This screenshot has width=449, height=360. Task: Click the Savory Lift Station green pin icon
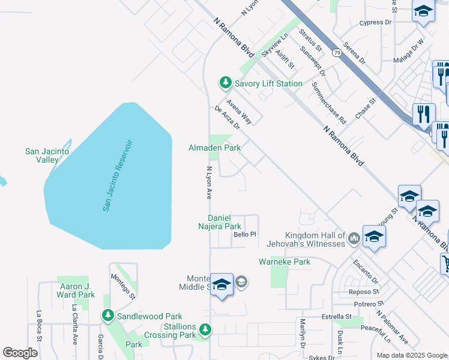225,82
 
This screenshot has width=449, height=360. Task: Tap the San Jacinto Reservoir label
117,175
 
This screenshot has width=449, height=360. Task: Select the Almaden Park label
214,147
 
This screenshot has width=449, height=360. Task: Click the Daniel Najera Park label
224,222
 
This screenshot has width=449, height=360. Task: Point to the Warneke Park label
284,262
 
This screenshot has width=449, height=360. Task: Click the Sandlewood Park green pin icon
107,315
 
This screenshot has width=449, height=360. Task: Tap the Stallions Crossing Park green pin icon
205,329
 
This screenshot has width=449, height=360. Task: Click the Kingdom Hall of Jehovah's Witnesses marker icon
354,239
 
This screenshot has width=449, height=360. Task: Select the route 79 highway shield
337,53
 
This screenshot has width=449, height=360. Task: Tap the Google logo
20,353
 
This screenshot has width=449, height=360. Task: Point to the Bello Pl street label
245,235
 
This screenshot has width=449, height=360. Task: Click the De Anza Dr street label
227,118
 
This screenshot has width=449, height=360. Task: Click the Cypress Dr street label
375,22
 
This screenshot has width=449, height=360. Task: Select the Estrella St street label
336,316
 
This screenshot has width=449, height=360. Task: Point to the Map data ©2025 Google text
412,355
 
